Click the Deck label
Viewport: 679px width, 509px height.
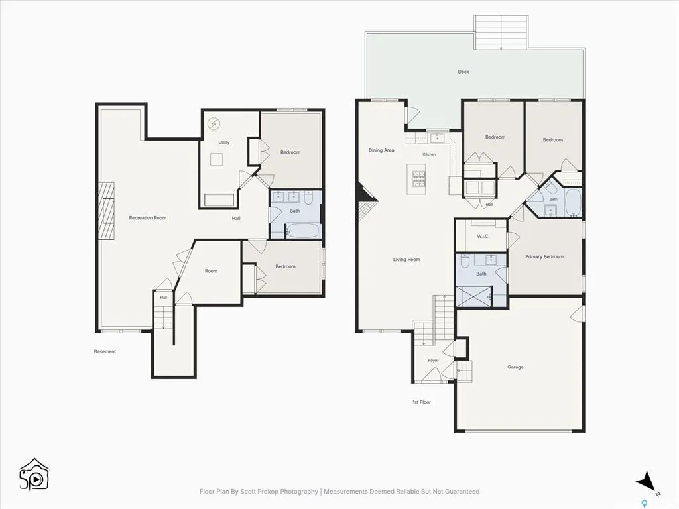pyautogui.click(x=463, y=72)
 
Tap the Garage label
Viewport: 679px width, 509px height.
pyautogui.click(x=515, y=367)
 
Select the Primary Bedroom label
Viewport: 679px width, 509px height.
pyautogui.click(x=544, y=256)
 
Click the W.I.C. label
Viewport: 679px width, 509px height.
pyautogui.click(x=483, y=237)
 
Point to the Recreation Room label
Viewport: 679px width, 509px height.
pyautogui.click(x=148, y=217)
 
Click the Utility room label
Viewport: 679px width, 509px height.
pyautogui.click(x=224, y=142)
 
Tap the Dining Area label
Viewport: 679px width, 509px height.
pyautogui.click(x=381, y=150)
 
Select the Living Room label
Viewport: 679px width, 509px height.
pyautogui.click(x=406, y=260)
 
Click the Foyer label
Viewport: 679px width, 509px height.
pyautogui.click(x=433, y=360)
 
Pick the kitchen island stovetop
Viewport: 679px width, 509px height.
pyautogui.click(x=419, y=179)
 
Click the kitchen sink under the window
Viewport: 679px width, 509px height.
pyautogui.click(x=437, y=138)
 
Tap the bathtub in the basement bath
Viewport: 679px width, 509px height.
pyautogui.click(x=302, y=230)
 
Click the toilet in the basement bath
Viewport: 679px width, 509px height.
pyautogui.click(x=309, y=198)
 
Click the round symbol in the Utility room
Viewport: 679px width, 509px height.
pyautogui.click(x=214, y=124)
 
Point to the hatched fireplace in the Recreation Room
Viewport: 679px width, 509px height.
pyautogui.click(x=106, y=210)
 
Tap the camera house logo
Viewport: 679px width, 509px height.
pyautogui.click(x=34, y=474)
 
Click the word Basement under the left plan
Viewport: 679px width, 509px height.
pyautogui.click(x=105, y=351)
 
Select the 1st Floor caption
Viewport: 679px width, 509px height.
pyautogui.click(x=422, y=402)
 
